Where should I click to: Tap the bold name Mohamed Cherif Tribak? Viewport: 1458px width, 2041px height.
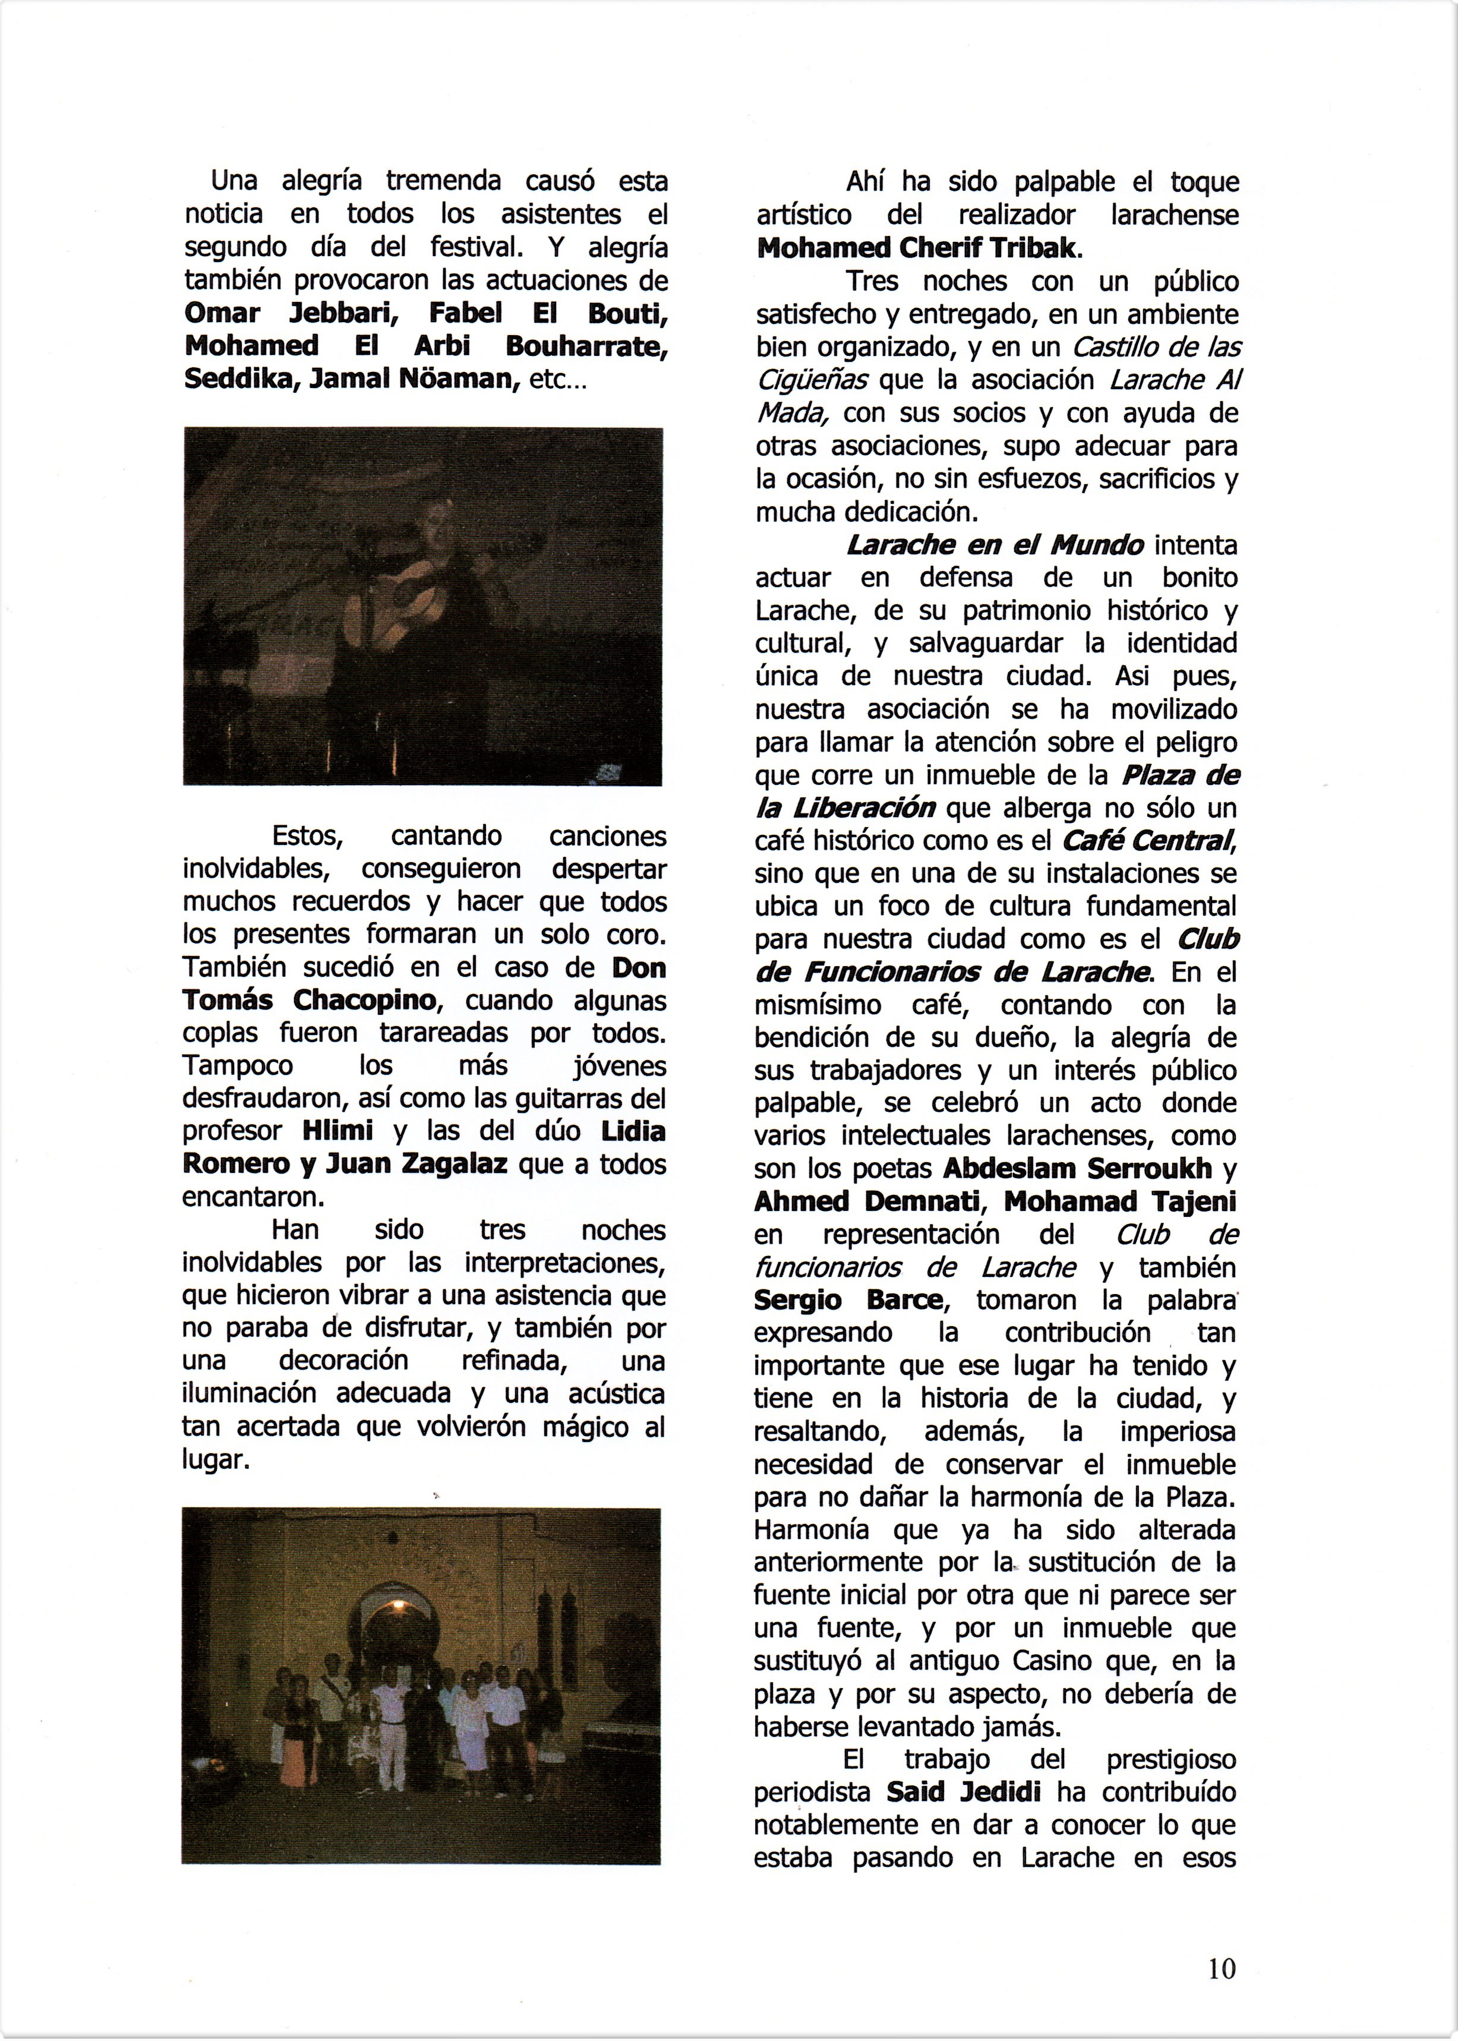pyautogui.click(x=915, y=248)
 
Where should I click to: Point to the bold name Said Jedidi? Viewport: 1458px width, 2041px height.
pyautogui.click(x=963, y=1791)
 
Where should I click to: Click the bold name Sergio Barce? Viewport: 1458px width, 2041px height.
pyautogui.click(x=848, y=1300)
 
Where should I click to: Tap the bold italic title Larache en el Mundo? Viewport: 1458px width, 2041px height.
pyautogui.click(x=995, y=545)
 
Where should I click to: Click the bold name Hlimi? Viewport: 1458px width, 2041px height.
pyautogui.click(x=339, y=1131)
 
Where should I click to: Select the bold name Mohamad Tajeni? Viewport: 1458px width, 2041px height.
pyautogui.click(x=1119, y=1201)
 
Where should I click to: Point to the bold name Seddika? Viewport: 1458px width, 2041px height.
pyautogui.click(x=241, y=379)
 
